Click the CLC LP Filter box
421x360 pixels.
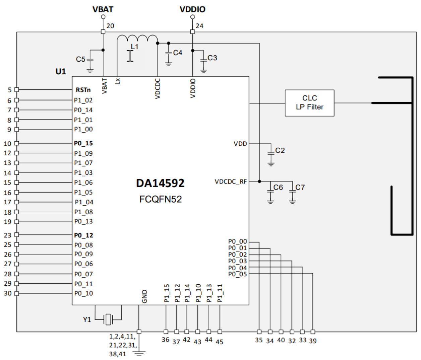point(309,103)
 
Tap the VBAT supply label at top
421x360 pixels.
point(103,9)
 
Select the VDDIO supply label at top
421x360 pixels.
point(192,9)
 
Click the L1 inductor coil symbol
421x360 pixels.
point(137,39)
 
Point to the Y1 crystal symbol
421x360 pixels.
point(108,319)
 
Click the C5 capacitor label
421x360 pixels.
point(80,59)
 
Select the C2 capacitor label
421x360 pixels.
point(280,150)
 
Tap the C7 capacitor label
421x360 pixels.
point(300,187)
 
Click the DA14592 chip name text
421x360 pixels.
point(160,183)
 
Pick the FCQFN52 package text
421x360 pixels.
point(160,199)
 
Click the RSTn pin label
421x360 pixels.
point(83,90)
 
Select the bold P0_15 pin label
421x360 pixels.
point(83,143)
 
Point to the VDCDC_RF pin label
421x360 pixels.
point(231,182)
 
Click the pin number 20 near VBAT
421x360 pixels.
point(110,26)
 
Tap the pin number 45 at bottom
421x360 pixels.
point(220,342)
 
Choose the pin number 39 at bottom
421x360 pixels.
point(313,341)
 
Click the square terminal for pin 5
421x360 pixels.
point(17,90)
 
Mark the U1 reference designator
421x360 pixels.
point(61,71)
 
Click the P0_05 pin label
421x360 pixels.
point(237,274)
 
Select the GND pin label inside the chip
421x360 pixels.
point(144,296)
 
